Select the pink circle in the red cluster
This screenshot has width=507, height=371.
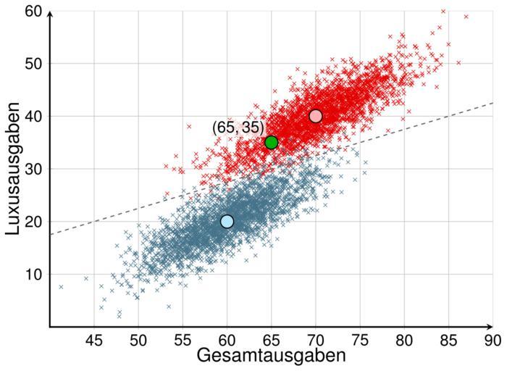[x=315, y=116]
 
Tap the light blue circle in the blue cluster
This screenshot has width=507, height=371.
[x=227, y=221]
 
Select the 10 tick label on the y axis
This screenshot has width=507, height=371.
[x=35, y=275]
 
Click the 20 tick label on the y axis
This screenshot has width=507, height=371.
[x=35, y=222]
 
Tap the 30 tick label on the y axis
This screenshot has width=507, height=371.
[x=35, y=169]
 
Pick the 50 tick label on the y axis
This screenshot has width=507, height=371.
[x=35, y=64]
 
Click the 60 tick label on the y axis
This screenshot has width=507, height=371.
[x=35, y=12]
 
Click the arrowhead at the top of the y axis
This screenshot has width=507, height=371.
[x=50, y=12]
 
